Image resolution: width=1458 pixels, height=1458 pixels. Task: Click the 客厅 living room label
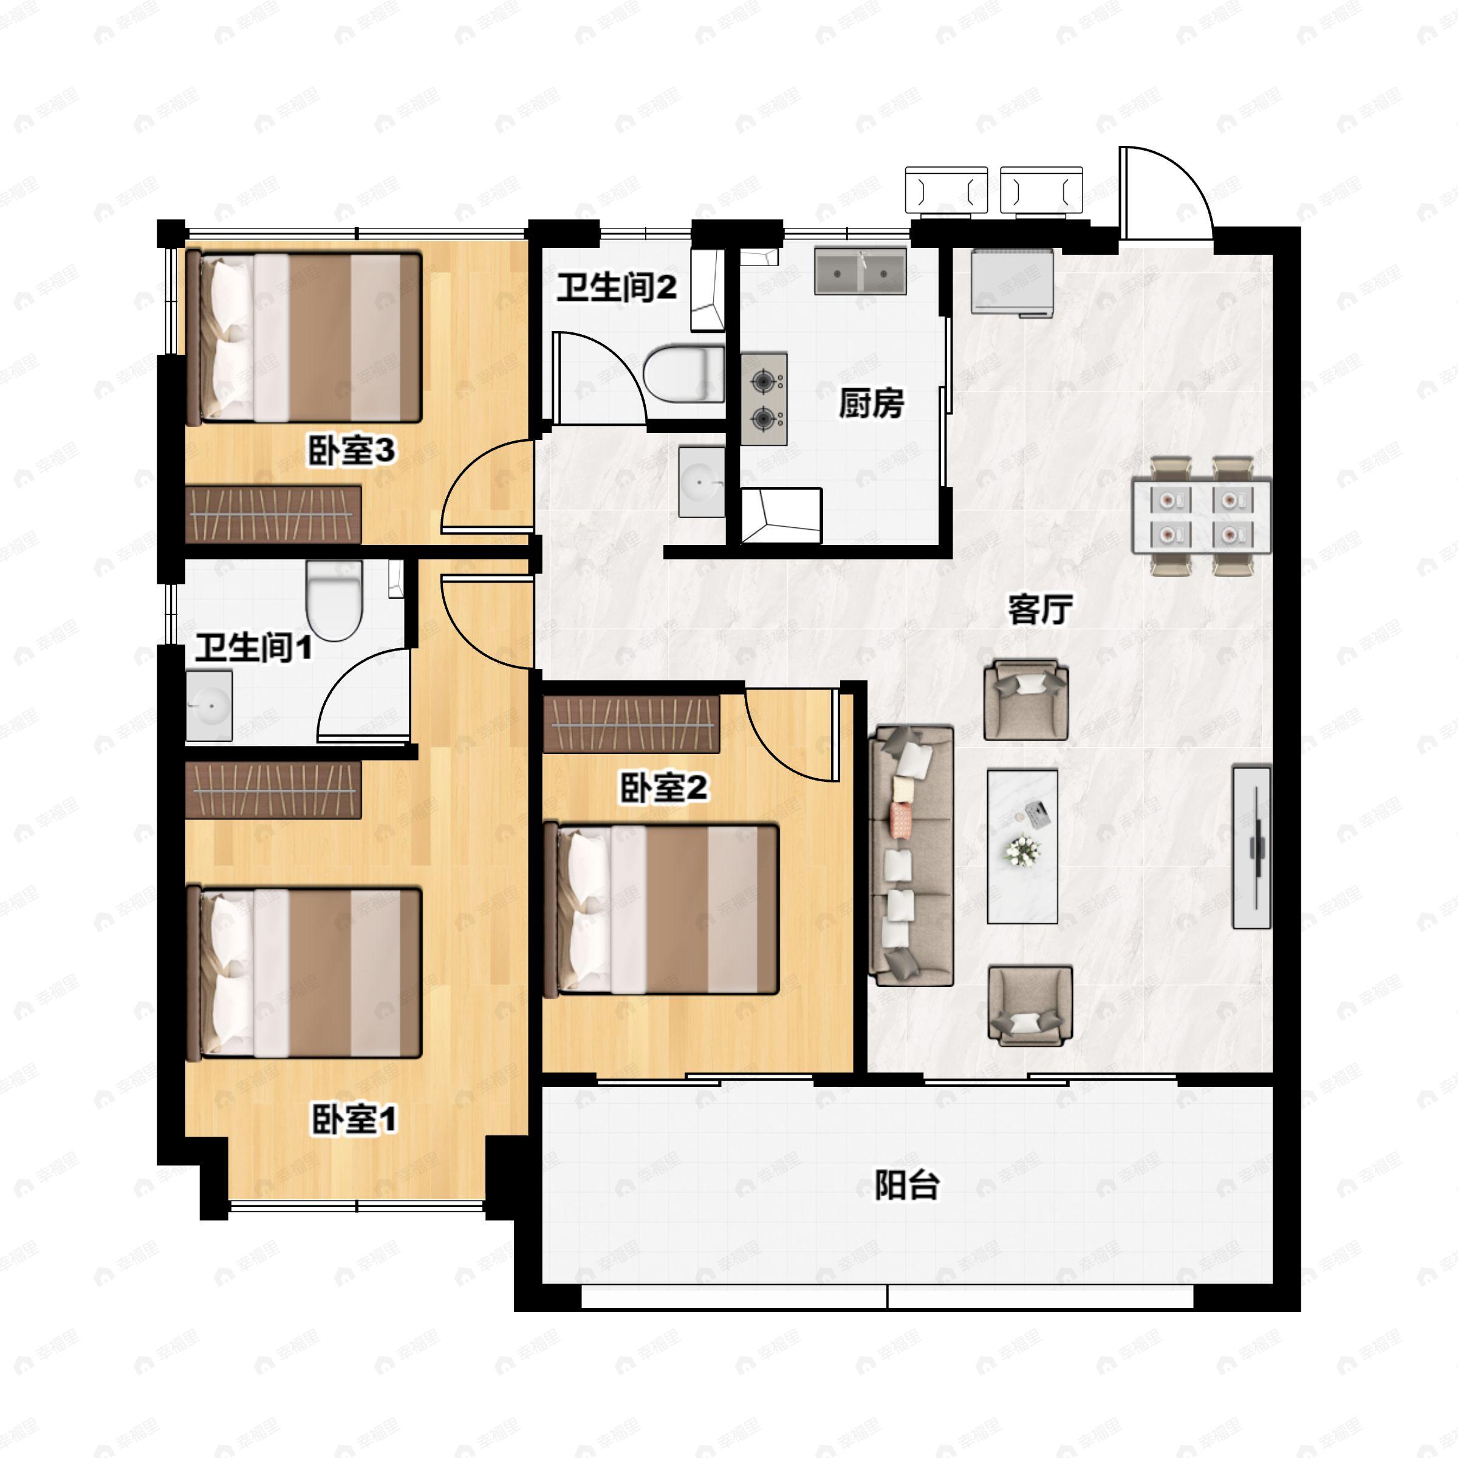pos(1041,610)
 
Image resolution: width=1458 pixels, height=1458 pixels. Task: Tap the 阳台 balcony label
pos(906,1186)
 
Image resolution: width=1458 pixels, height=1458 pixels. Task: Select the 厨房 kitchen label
pos(872,405)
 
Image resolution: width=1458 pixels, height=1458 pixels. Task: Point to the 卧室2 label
pos(664,789)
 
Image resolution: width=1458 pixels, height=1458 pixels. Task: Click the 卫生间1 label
pos(253,648)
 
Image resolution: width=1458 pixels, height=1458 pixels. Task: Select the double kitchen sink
pos(860,271)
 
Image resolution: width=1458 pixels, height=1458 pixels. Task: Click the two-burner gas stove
pos(764,399)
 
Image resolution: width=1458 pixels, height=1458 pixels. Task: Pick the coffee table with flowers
pos(1022,846)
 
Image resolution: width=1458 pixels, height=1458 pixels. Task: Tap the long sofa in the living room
pos(912,856)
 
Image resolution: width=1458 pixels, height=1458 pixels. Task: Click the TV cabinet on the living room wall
pos(1252,847)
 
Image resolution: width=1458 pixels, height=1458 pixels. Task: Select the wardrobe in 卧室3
pos(273,514)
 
